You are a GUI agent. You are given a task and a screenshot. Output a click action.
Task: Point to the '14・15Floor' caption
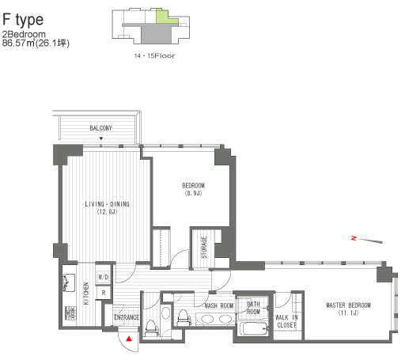(155, 58)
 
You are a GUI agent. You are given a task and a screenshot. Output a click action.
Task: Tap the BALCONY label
(100, 128)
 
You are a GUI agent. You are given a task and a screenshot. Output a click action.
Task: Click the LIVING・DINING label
(107, 208)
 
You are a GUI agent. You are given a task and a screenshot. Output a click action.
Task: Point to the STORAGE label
(203, 247)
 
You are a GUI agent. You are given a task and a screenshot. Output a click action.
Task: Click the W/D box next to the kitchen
(103, 278)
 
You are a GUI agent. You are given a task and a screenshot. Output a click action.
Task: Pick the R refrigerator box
(103, 293)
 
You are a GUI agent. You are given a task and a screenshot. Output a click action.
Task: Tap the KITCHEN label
(86, 294)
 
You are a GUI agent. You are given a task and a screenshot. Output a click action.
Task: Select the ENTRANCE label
(126, 318)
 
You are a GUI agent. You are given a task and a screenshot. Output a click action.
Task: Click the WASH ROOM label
(218, 305)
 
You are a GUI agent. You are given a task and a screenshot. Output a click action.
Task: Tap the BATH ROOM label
(253, 307)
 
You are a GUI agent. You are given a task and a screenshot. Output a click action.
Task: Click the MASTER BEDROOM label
(348, 309)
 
